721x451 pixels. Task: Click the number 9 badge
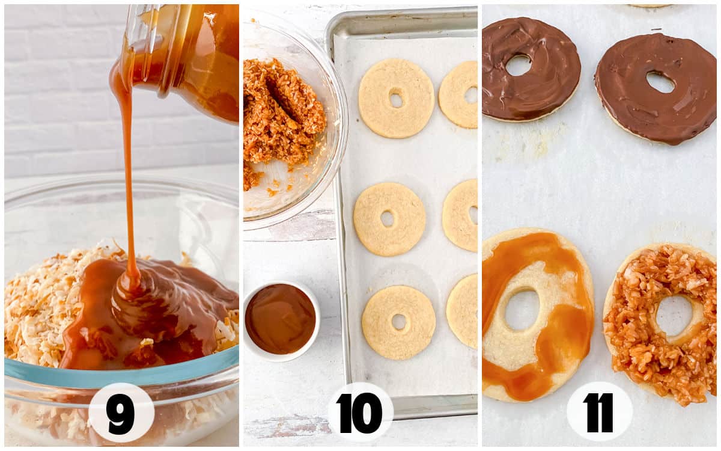point(121,413)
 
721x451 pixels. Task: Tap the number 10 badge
point(360,413)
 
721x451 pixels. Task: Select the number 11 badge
point(599,412)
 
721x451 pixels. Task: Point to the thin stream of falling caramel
point(128,180)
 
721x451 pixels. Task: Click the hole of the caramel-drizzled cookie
point(521,310)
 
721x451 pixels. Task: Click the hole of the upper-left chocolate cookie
point(518,65)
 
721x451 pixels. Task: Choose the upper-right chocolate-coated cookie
point(655,87)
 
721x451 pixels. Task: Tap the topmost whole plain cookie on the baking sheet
point(396,97)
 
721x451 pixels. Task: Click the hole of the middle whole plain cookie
point(388,218)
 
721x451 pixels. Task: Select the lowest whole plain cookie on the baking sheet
point(398,322)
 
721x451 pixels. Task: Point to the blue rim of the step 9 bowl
point(120,373)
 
